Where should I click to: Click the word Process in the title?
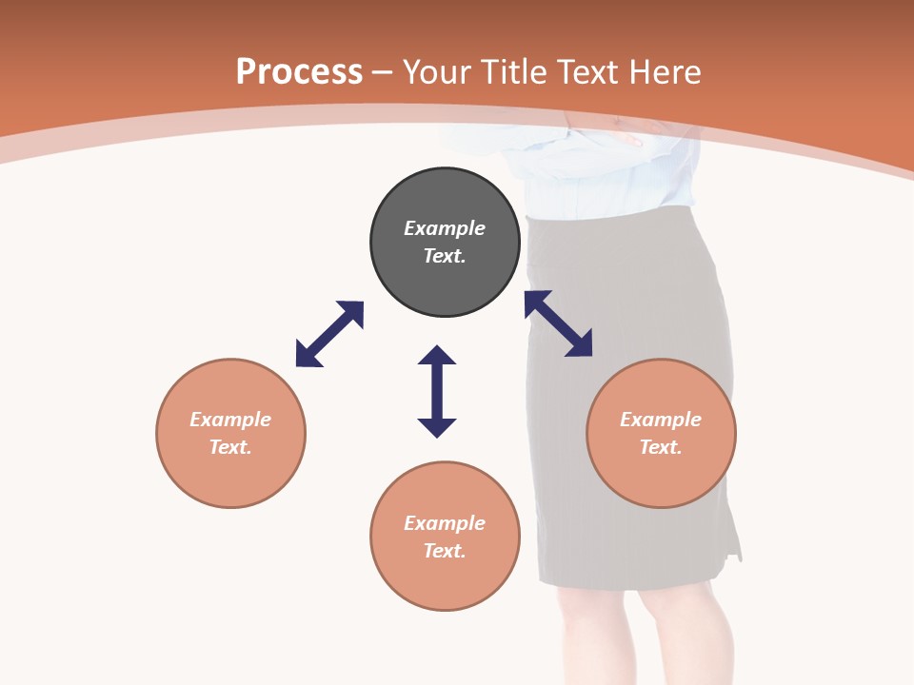299,72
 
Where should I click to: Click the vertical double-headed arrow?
437,391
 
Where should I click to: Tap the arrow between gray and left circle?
329,334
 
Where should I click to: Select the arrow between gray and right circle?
558,323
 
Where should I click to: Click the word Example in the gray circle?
445,228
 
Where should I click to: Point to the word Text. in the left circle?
230,447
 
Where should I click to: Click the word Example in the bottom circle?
445,523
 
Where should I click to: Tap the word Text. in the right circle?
661,447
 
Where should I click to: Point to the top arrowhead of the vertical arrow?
437,355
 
